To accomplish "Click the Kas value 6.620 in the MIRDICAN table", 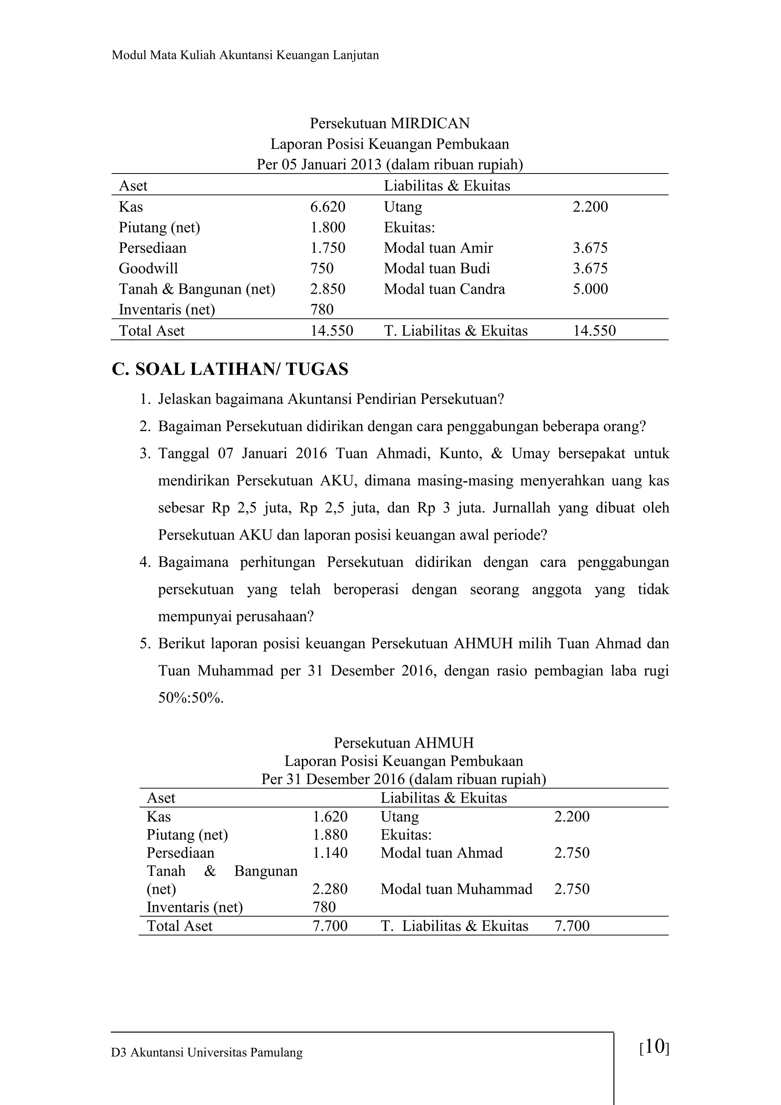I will [327, 207].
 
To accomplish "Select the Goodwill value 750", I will [321, 269].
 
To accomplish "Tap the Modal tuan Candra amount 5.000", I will [590, 289].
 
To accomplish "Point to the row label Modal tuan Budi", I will [437, 269].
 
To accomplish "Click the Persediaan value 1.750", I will [327, 248].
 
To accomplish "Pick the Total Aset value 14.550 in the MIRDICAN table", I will [331, 331].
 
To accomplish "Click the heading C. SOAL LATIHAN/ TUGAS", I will [230, 370].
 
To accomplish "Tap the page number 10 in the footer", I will [654, 1046].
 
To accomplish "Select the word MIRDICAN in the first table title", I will [430, 124].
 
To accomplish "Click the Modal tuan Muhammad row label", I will [456, 889].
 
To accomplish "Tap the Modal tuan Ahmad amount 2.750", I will [572, 853].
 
